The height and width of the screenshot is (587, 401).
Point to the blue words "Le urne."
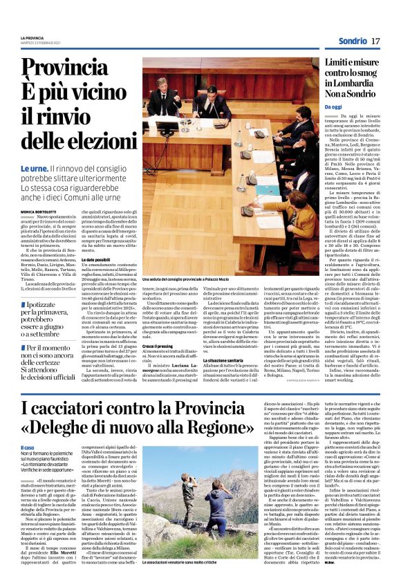coord(35,169)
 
